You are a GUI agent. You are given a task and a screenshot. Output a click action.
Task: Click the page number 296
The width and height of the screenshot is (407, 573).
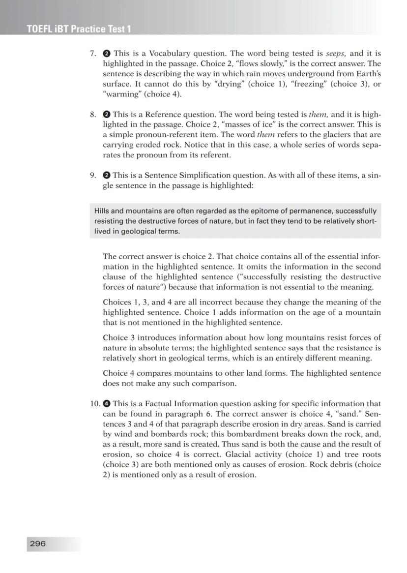[38, 543]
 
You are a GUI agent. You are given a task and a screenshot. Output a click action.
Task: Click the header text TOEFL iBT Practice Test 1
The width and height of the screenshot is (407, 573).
[79, 29]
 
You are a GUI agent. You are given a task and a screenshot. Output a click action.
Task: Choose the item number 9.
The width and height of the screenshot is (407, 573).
[93, 176]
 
